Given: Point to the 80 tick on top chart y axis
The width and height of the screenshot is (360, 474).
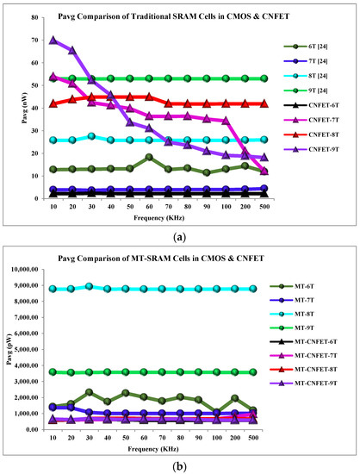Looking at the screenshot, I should click(31, 18).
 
